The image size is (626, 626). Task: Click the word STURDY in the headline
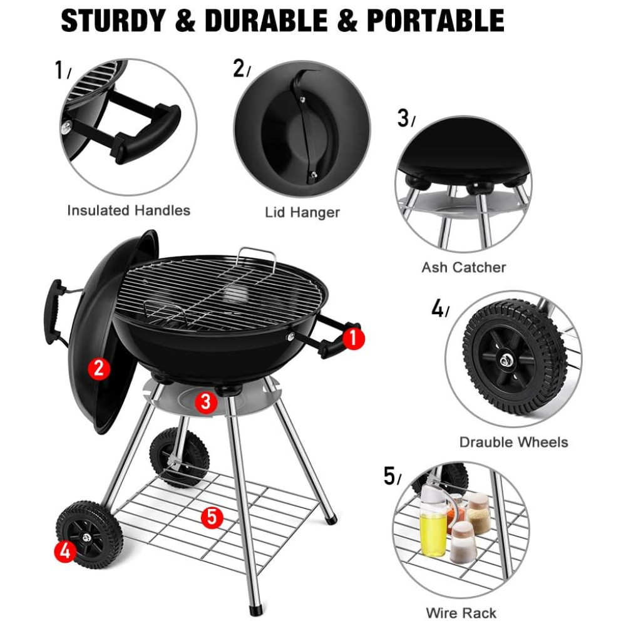[x=113, y=21]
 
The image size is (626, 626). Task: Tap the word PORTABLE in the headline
[x=435, y=21]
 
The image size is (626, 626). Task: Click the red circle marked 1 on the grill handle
[x=353, y=339]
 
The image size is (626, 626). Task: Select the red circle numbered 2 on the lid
[x=99, y=368]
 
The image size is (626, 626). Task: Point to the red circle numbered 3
[x=205, y=402]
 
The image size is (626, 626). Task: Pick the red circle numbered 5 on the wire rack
[x=212, y=518]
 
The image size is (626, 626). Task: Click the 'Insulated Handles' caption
[x=128, y=210]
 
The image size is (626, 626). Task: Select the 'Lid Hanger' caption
[x=302, y=212]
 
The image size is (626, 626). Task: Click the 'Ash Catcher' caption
[x=463, y=267]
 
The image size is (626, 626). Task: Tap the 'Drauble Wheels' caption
[x=513, y=442]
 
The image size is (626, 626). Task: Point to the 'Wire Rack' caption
[x=461, y=613]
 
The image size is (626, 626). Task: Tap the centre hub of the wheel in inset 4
[x=505, y=361]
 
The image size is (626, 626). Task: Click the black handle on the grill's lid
[x=54, y=311]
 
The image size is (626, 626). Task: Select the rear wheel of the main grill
[x=179, y=458]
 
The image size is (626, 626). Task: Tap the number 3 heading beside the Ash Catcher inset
[x=404, y=118]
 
